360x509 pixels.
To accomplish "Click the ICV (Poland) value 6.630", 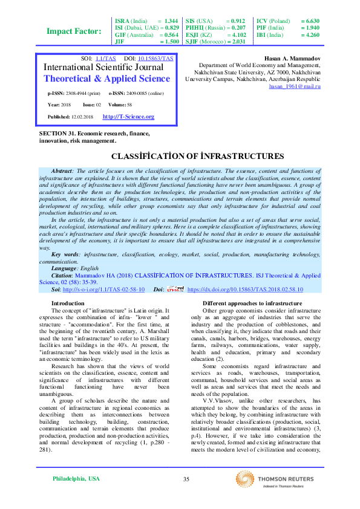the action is coord(312,21).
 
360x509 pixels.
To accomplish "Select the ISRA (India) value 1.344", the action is coord(171,21).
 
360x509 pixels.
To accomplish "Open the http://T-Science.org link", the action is coord(128,117).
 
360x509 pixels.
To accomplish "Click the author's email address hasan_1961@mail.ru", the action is coord(295,87).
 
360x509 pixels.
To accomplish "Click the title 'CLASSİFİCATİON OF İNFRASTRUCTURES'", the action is coord(180,156).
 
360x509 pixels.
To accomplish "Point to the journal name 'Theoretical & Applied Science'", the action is coord(108,79).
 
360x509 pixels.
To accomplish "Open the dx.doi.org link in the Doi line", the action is coord(245,290).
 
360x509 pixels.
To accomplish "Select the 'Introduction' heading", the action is coord(68,303).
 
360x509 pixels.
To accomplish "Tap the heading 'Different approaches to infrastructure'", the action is coord(252,303).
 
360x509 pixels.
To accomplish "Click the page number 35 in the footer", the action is coord(186,479).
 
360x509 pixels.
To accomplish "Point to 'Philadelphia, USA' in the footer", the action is coord(76,479).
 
